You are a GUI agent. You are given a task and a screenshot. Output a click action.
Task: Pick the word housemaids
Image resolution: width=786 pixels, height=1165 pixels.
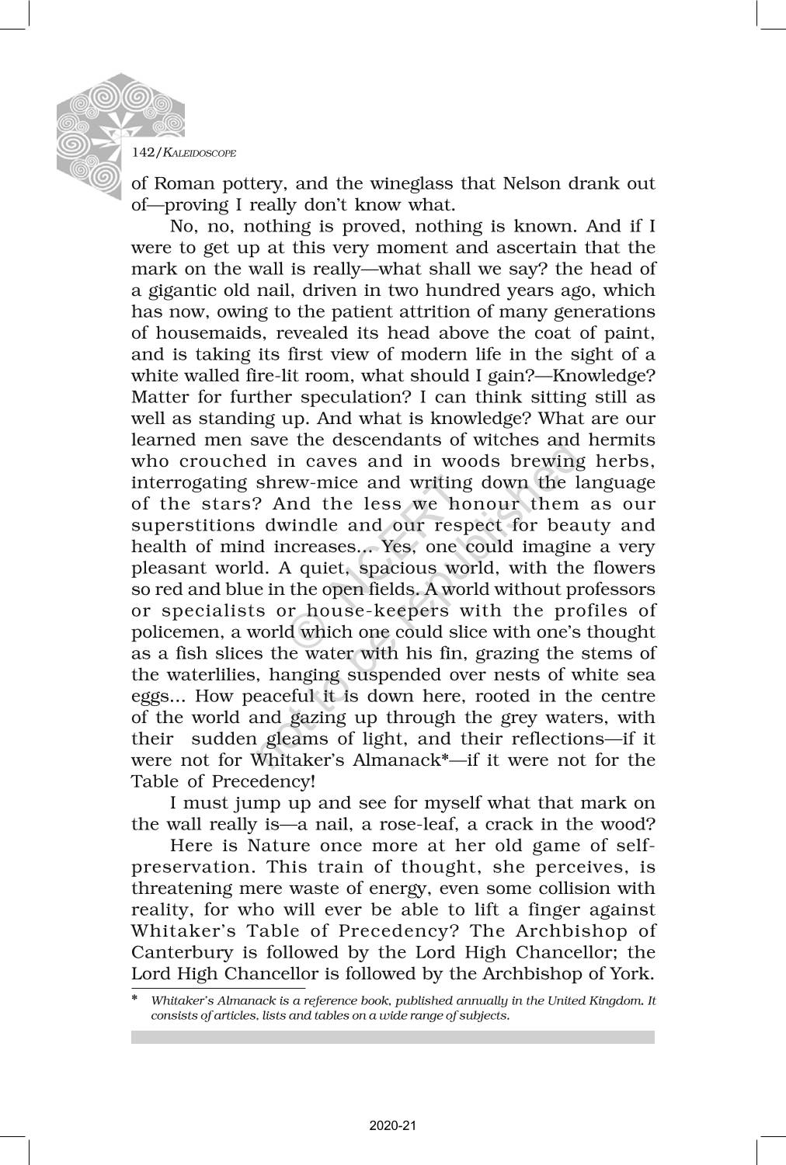[x=197, y=333]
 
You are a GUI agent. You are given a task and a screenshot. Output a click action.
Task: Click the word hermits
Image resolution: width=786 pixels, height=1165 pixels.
[x=622, y=440]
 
